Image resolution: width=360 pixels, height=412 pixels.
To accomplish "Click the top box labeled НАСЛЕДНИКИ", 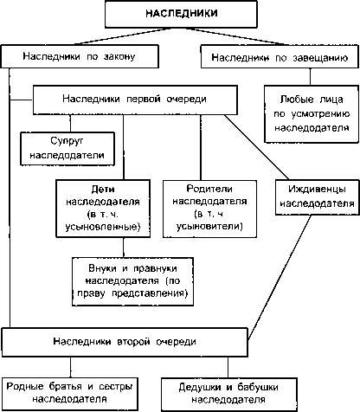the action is coord(181,14).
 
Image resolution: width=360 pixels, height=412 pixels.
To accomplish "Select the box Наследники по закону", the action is coord(80,56).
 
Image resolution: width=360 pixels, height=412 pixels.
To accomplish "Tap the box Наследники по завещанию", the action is coord(280,56).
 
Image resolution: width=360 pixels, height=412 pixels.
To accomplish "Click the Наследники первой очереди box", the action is coord(135,100).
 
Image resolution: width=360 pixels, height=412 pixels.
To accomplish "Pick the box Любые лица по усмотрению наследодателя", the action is coord(312,113).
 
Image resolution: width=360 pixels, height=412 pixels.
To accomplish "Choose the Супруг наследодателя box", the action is coord(67,149).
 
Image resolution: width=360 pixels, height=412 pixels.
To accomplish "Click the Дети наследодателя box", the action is coord(103,209).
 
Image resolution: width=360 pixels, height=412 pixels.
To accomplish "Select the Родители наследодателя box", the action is coord(209,209).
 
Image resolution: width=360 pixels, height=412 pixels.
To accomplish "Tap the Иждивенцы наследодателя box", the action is coord(318,197).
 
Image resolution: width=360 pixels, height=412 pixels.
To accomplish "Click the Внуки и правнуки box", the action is coord(132,281).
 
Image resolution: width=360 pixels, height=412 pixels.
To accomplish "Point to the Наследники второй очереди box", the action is coord(125,342).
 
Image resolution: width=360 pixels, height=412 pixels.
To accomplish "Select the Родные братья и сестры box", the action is coord(69,393).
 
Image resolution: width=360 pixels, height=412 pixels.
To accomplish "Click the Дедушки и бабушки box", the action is coord(228,394).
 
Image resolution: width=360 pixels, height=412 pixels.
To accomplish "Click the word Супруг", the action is coord(67,141).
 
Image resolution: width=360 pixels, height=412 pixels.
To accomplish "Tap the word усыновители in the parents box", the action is coord(209,226).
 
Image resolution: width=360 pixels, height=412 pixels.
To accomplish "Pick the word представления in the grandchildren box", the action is coord(150,293).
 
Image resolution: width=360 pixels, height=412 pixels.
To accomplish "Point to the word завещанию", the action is coord(320,58).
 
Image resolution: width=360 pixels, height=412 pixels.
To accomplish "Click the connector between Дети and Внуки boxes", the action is coord(124,248).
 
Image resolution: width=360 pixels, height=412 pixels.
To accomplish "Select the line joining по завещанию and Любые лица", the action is coord(311,77).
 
